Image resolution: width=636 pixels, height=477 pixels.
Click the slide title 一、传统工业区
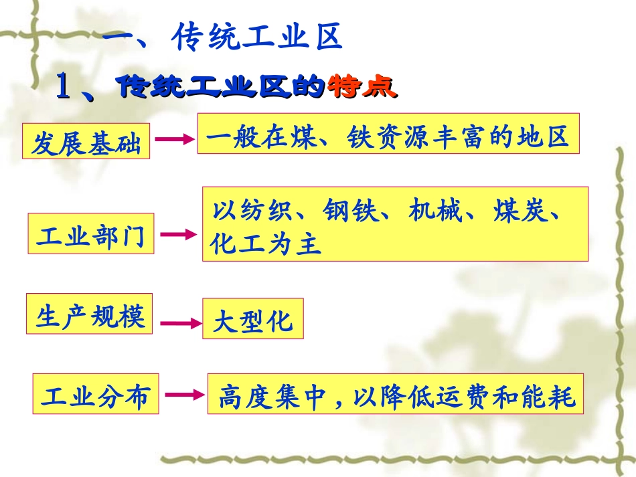[x=223, y=38]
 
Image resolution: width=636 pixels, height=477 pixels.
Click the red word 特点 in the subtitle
[x=362, y=86]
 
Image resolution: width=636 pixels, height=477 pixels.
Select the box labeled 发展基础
[x=86, y=142]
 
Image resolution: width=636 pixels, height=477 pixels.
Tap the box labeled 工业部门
[x=90, y=234]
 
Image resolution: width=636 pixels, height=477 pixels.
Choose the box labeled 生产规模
[x=90, y=314]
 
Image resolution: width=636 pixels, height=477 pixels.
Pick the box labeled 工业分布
[x=94, y=395]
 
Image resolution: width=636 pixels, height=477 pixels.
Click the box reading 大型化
[x=252, y=319]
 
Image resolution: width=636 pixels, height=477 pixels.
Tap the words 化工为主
[x=266, y=244]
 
